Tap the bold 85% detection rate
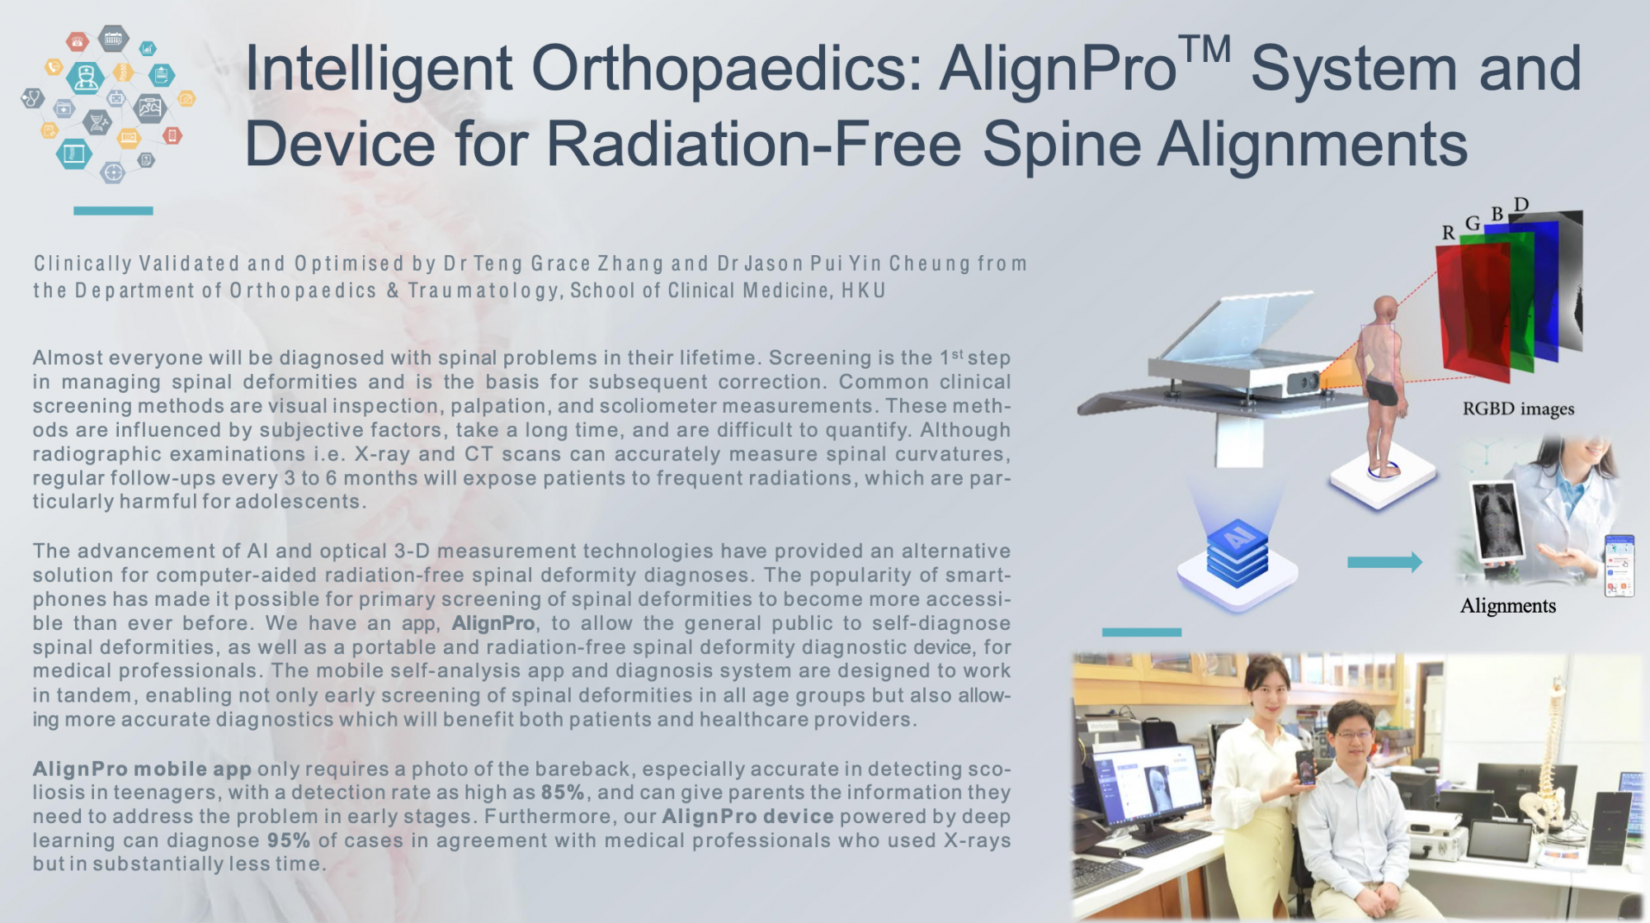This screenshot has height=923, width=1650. click(x=563, y=793)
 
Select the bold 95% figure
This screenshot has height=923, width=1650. click(x=289, y=840)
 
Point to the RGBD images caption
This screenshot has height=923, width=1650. click(x=1518, y=409)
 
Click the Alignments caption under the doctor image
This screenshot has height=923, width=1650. click(x=1508, y=606)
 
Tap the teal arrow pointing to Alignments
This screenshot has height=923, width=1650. click(x=1384, y=562)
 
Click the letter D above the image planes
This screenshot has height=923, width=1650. click(x=1521, y=205)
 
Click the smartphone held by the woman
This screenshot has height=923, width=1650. click(x=1306, y=768)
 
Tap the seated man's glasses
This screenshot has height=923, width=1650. click(x=1354, y=734)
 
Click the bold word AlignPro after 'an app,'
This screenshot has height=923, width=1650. click(x=493, y=623)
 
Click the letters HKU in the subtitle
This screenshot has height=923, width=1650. click(x=863, y=291)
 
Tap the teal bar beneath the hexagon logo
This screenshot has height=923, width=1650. click(x=113, y=211)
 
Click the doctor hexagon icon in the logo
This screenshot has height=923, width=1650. click(x=86, y=77)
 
